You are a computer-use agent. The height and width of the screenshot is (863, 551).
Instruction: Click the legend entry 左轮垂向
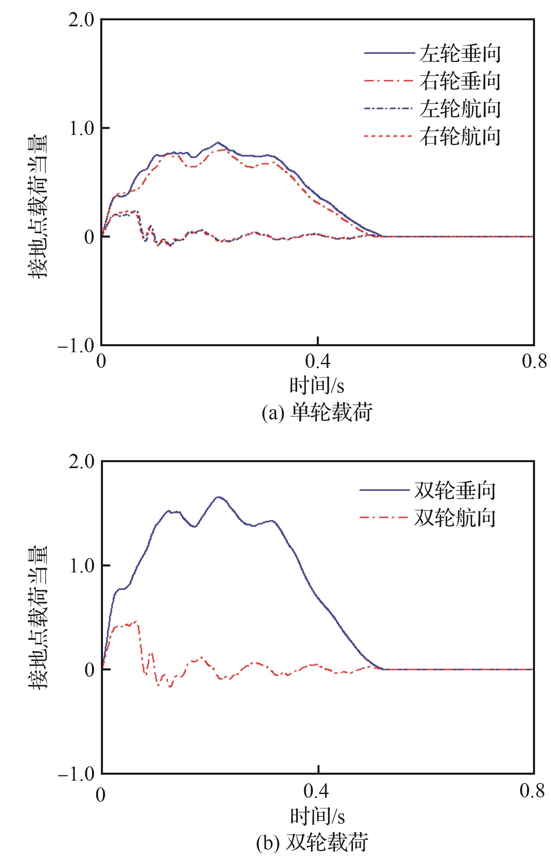click(460, 53)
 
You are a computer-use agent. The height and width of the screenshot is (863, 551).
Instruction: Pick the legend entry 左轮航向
click(460, 109)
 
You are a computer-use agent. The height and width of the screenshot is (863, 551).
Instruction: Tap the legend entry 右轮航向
click(460, 136)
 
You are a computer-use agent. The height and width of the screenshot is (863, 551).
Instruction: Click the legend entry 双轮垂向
click(455, 490)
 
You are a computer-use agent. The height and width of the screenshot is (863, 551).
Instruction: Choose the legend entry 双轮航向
click(455, 518)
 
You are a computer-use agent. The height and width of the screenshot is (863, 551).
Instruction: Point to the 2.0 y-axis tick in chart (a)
click(81, 20)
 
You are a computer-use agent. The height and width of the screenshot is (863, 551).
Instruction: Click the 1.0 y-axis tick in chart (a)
click(81, 128)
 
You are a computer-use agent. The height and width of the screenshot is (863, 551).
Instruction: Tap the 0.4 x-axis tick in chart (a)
click(318, 362)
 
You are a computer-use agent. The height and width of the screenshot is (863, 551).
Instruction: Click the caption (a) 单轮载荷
click(317, 413)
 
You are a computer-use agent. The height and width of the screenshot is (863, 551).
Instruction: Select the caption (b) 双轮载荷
click(312, 850)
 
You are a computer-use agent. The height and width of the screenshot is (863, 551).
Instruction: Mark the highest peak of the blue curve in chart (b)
click(219, 497)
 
